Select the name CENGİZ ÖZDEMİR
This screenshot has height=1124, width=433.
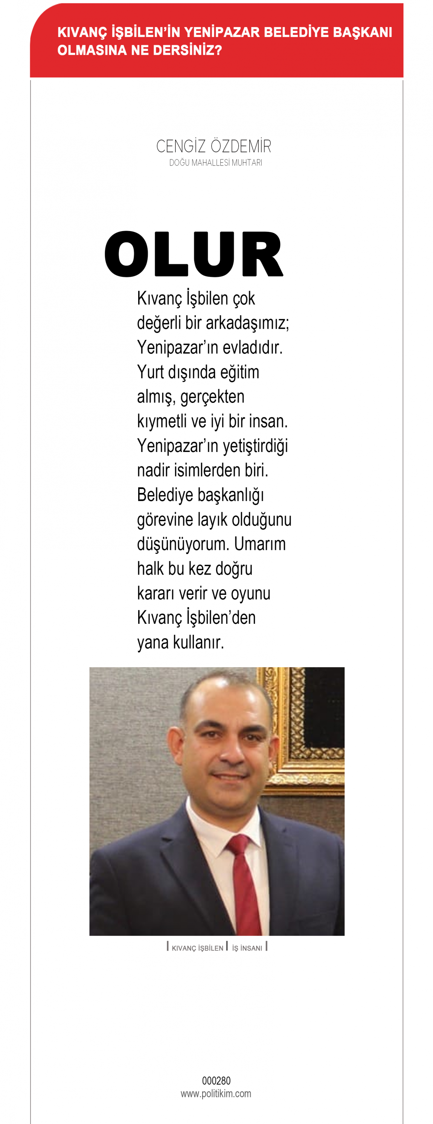(x=213, y=147)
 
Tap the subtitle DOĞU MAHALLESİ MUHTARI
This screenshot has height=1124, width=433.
(x=215, y=163)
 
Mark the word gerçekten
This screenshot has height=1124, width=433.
(x=212, y=397)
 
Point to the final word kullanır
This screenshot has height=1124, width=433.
(x=198, y=642)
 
